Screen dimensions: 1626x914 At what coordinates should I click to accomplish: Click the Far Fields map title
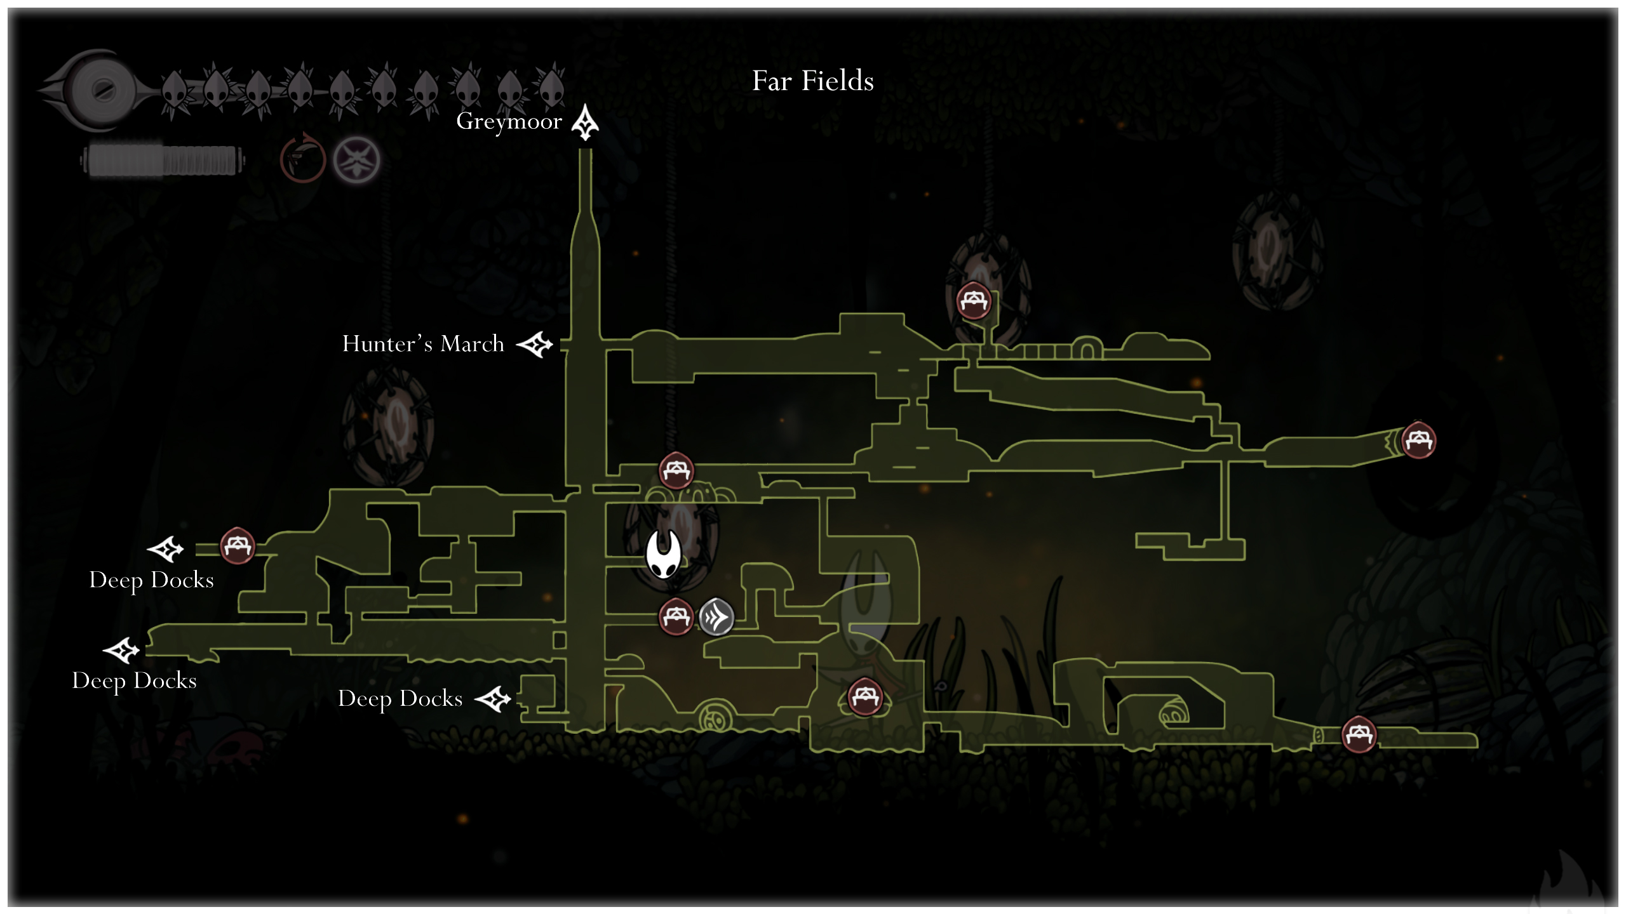813,81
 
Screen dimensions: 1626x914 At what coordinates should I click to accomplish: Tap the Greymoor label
509,121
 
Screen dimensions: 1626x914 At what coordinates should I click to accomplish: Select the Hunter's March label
423,344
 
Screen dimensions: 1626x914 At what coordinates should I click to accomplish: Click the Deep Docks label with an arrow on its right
400,699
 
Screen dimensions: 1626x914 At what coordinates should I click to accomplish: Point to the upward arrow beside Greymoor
585,123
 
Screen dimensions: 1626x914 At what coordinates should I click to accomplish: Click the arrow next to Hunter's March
535,345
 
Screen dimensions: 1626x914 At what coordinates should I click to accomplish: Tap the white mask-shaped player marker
663,555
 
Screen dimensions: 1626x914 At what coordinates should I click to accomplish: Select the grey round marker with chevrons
716,617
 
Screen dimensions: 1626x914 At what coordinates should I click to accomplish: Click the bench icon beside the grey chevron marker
676,616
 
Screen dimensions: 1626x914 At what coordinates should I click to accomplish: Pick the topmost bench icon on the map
974,301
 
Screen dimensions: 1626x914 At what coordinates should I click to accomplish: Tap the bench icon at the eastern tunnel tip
1418,440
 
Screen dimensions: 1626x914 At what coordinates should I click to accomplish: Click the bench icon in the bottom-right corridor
1359,734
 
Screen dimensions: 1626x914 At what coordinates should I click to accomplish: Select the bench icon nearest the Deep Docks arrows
238,545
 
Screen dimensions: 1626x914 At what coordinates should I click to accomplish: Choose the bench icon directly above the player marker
676,470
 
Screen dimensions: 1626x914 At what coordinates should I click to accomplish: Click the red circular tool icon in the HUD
303,159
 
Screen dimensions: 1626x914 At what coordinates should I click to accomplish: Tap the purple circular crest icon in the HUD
357,159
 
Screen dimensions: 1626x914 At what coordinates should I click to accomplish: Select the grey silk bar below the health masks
163,161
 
